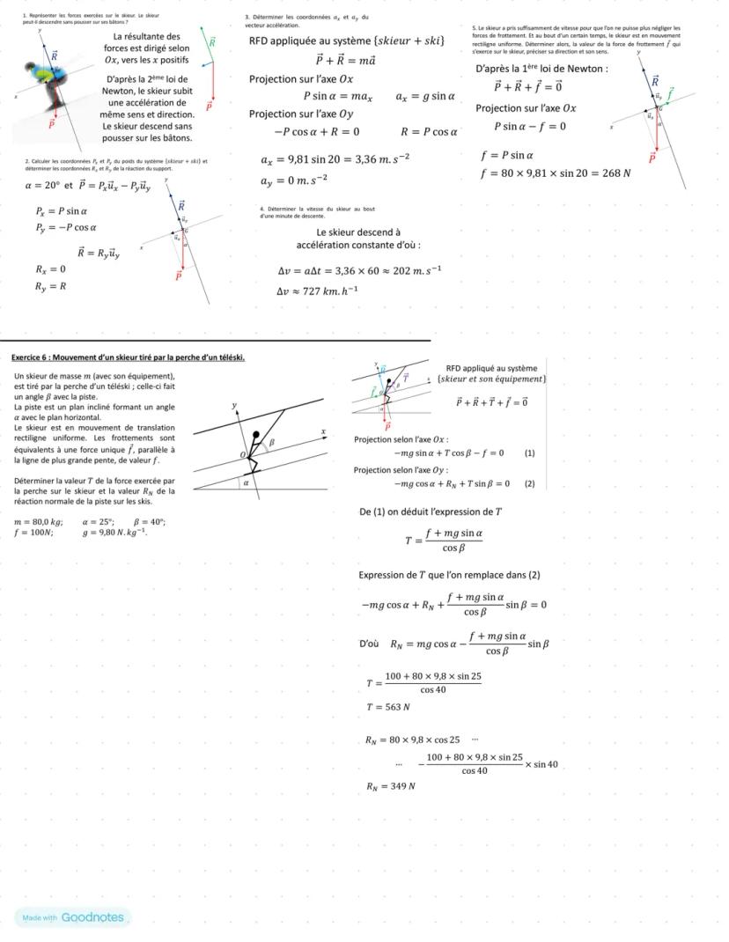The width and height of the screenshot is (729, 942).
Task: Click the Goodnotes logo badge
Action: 72,917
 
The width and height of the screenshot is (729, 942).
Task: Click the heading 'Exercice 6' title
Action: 128,357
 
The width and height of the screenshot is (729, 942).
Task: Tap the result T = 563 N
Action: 388,707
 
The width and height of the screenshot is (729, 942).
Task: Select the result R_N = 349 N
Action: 390,785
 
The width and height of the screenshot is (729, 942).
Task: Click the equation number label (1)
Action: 529,453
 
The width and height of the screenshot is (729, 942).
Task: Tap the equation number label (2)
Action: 529,483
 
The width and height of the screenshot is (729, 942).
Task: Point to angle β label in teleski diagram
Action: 272,442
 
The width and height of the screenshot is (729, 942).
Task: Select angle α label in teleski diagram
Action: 247,482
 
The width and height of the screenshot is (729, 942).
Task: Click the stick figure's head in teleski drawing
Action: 256,435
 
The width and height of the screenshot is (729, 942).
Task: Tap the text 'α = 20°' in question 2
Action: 41,186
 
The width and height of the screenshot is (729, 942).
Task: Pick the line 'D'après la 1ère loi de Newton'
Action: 541,69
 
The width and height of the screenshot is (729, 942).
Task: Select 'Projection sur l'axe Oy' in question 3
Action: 300,114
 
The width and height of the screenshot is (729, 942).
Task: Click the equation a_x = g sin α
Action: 425,96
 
